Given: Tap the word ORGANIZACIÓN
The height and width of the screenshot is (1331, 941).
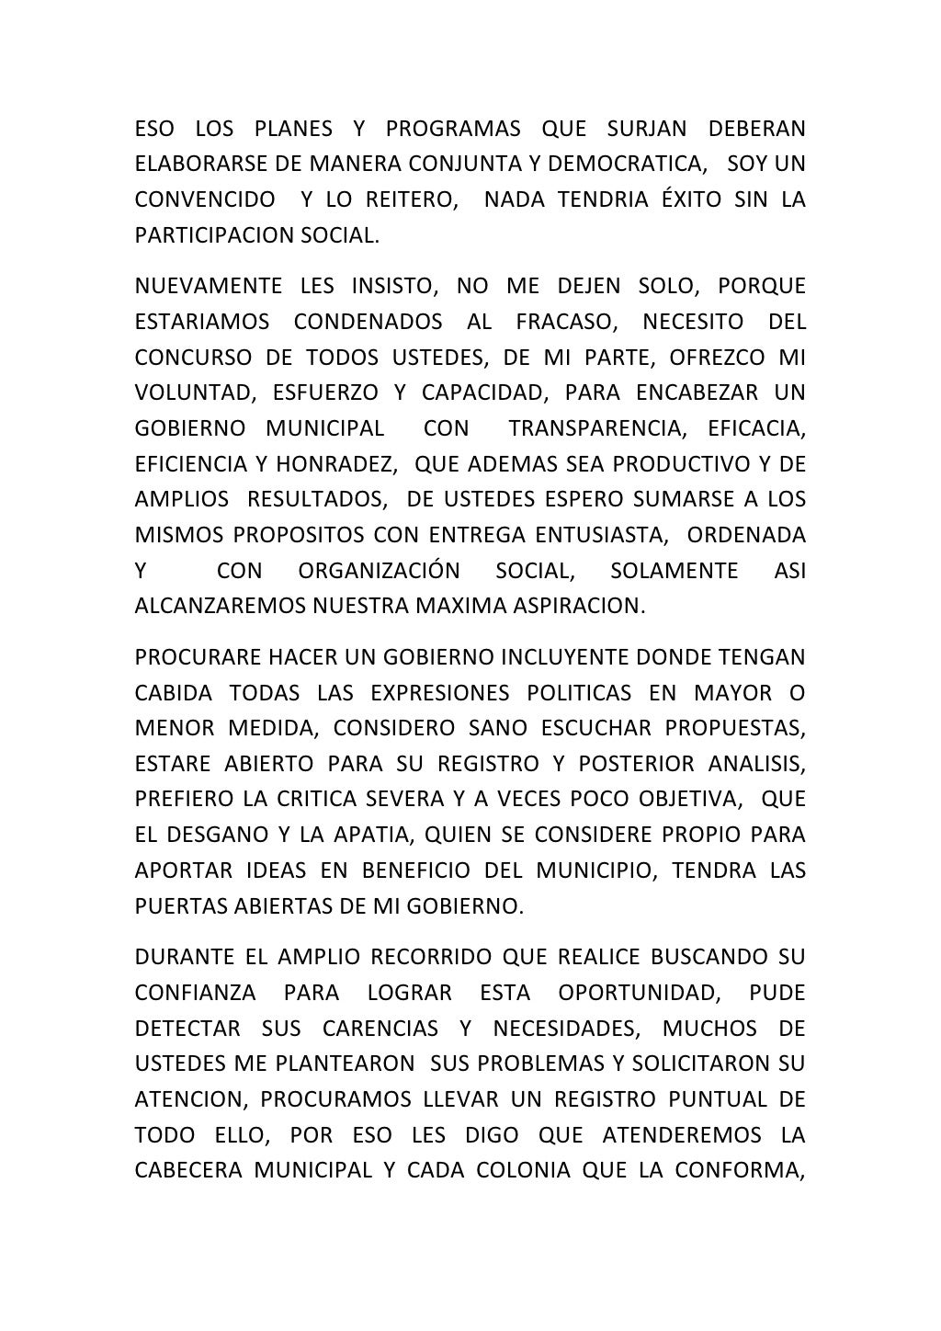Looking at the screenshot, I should [x=380, y=572].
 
